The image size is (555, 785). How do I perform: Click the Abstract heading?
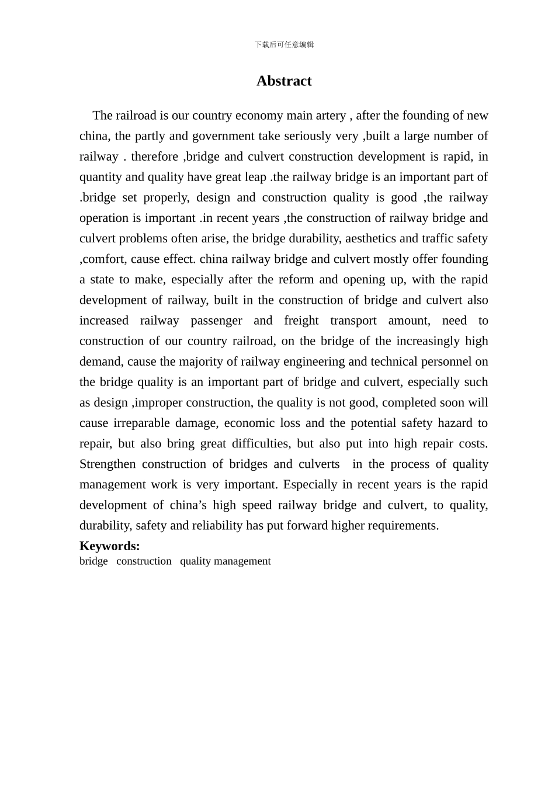(x=284, y=81)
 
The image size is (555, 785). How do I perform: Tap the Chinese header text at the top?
(x=284, y=44)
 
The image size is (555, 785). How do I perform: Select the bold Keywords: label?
(x=110, y=546)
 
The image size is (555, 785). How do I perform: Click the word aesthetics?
(x=371, y=238)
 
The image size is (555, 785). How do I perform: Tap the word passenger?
(x=216, y=320)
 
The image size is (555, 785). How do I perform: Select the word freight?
(x=301, y=320)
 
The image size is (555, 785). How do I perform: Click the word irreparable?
(x=140, y=423)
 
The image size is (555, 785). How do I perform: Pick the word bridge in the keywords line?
(x=93, y=561)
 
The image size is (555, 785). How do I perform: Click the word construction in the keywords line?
(x=144, y=561)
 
